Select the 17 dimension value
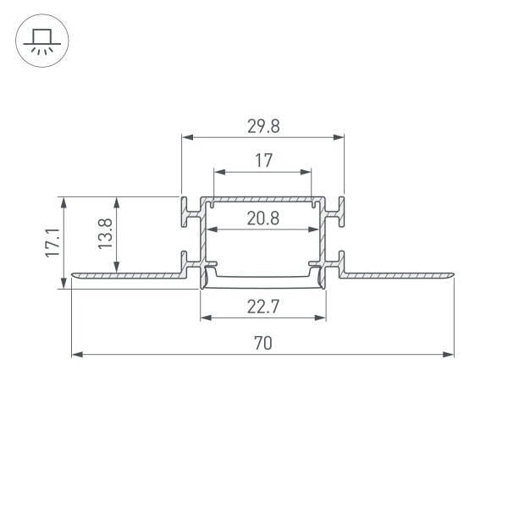(x=263, y=160)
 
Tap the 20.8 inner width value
(x=263, y=218)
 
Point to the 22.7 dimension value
(x=263, y=307)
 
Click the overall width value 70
(x=263, y=344)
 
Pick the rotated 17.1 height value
(x=52, y=242)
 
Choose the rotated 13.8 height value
(x=104, y=235)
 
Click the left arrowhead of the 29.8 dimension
(x=187, y=136)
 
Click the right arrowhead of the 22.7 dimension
(x=321, y=318)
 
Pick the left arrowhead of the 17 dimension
(x=218, y=171)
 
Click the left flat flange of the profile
(x=127, y=274)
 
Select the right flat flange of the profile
(x=398, y=274)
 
